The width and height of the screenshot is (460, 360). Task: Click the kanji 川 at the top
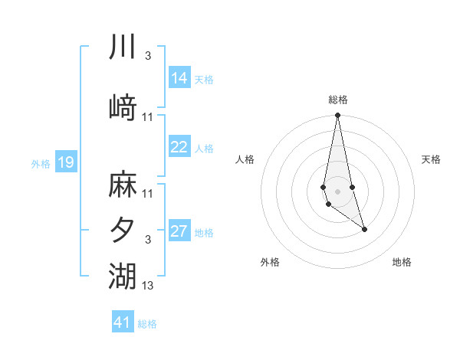[123, 47]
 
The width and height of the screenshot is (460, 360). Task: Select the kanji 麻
[123, 185]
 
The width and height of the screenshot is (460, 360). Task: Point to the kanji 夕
[123, 230]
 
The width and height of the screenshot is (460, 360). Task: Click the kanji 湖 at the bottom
[123, 275]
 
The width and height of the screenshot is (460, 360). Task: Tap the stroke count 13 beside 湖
[148, 286]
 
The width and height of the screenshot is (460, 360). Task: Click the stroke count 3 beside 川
[148, 57]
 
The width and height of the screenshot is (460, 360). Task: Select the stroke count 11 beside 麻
[148, 194]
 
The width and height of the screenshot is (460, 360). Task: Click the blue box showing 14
[179, 78]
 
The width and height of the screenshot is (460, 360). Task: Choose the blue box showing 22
[179, 147]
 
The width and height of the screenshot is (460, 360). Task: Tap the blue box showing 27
[179, 231]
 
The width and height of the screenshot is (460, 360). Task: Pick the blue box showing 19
[65, 162]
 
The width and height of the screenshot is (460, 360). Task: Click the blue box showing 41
[123, 322]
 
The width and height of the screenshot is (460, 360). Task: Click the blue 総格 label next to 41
[147, 324]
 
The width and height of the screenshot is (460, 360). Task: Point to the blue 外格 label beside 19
[41, 163]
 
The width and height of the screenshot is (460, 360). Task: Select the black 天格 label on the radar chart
[431, 159]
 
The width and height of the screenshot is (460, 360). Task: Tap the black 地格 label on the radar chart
[402, 263]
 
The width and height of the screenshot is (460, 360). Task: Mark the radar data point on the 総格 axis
[337, 116]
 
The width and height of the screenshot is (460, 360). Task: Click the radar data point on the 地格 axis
[364, 229]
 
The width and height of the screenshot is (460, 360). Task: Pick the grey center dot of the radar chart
[337, 189]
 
